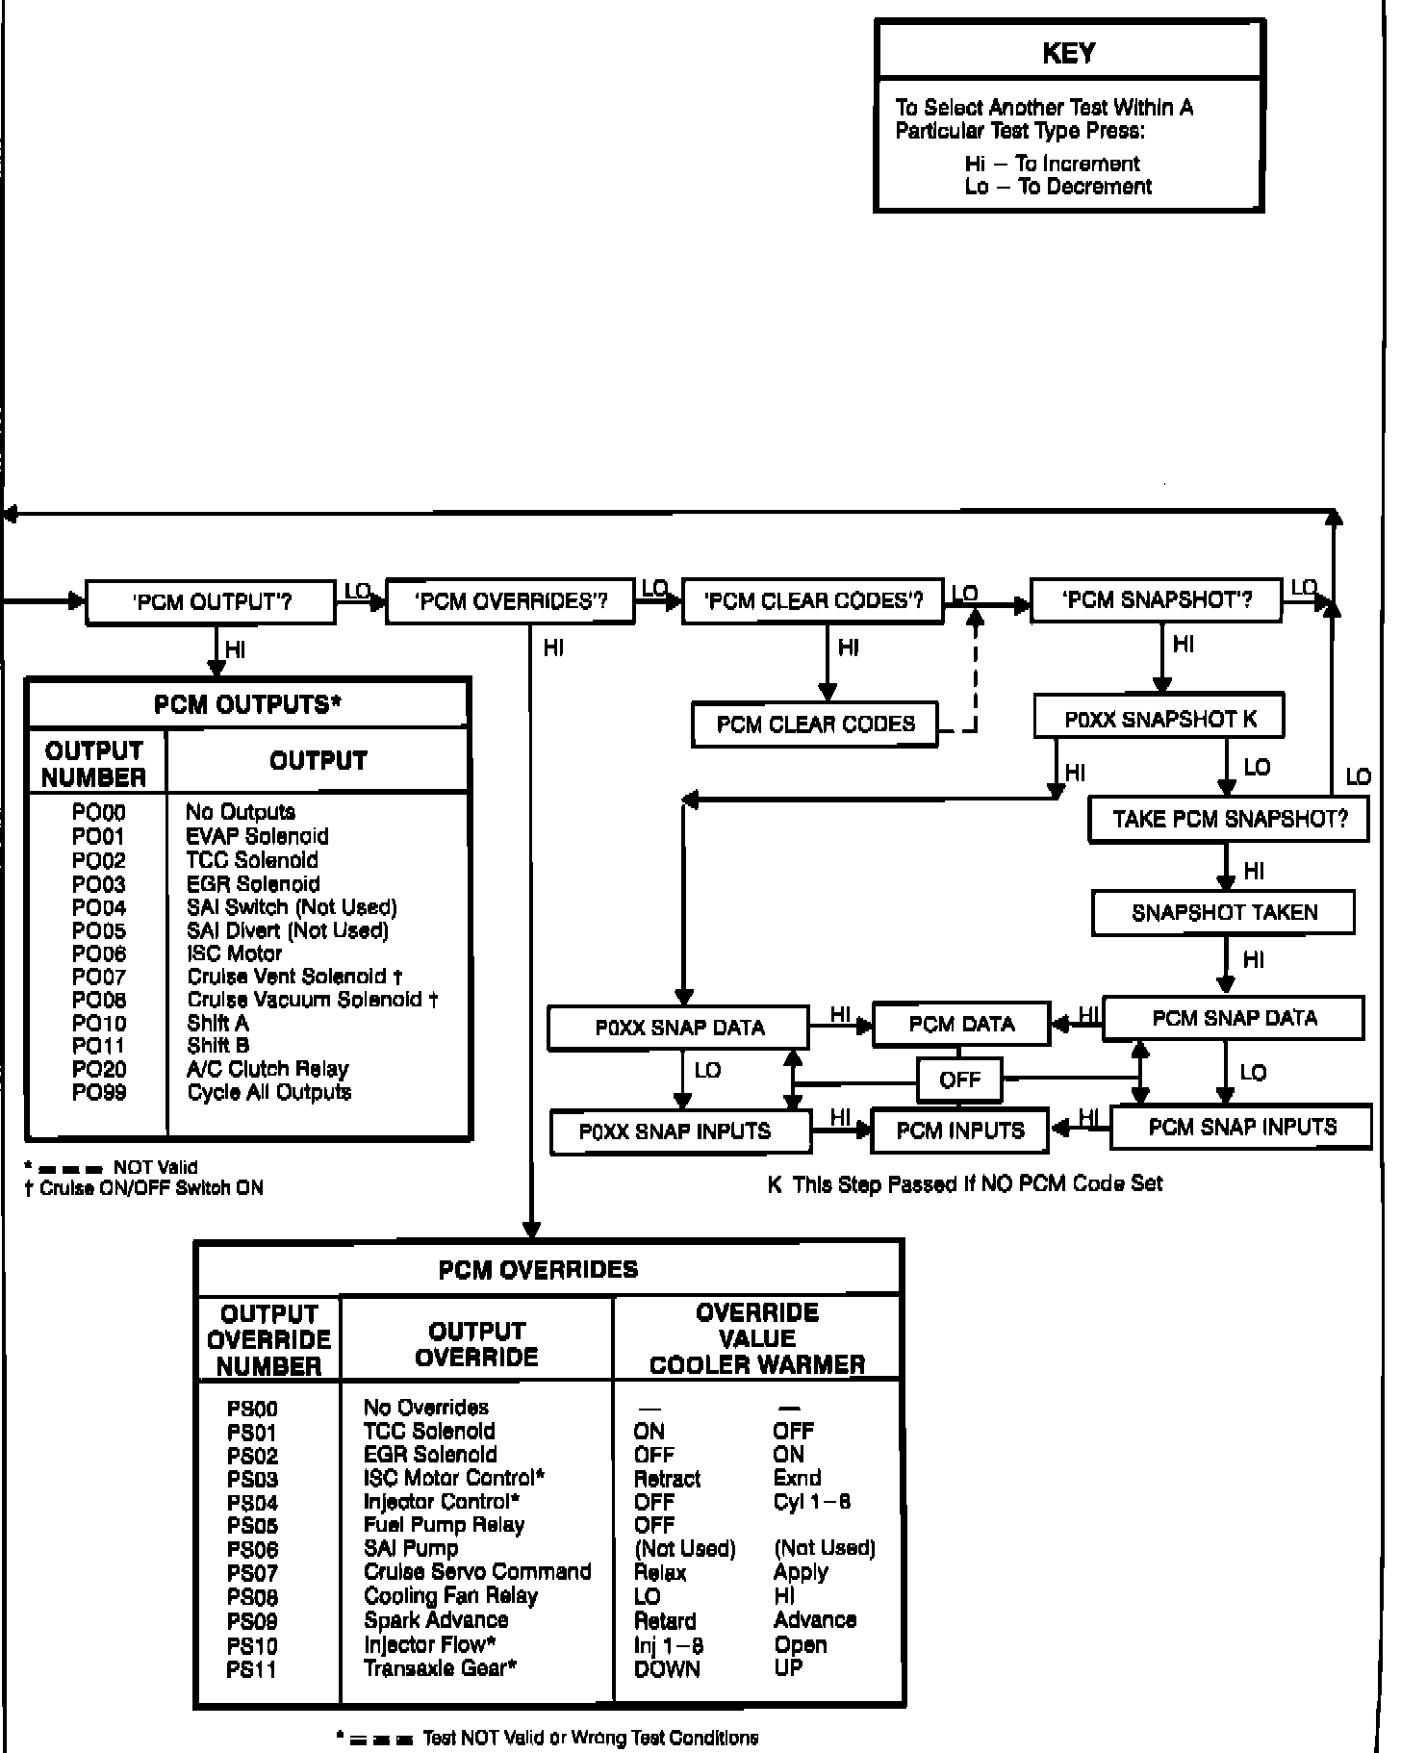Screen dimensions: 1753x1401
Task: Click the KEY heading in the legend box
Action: click(x=1068, y=53)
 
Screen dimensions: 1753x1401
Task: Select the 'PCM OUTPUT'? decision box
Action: click(x=211, y=602)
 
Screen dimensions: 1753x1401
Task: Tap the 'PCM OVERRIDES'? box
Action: click(x=510, y=601)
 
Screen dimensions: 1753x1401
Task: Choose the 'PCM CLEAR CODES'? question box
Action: click(x=813, y=601)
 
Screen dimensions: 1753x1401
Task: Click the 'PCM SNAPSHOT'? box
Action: click(x=1156, y=600)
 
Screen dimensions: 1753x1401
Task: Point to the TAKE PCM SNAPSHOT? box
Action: click(x=1229, y=819)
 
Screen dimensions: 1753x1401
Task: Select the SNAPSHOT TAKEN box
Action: click(x=1223, y=912)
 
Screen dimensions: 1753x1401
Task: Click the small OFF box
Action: click(x=959, y=1080)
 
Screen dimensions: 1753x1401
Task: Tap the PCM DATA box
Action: click(x=960, y=1025)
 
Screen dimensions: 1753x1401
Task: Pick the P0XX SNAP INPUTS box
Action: click(x=679, y=1131)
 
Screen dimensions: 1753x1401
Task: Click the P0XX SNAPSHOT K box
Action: click(x=1159, y=719)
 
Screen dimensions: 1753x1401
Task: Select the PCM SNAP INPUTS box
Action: click(x=1241, y=1127)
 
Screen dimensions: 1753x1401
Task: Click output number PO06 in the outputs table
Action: click(x=98, y=953)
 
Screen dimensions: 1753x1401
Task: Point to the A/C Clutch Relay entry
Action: click(x=267, y=1069)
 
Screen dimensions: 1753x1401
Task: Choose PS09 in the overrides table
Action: click(x=252, y=1620)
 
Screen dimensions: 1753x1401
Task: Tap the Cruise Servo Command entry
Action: click(x=476, y=1571)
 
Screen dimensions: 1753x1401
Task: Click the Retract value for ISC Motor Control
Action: click(x=667, y=1479)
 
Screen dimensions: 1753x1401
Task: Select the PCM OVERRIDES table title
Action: click(x=538, y=1269)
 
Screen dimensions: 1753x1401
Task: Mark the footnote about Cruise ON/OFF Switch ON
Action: click(x=144, y=1188)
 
